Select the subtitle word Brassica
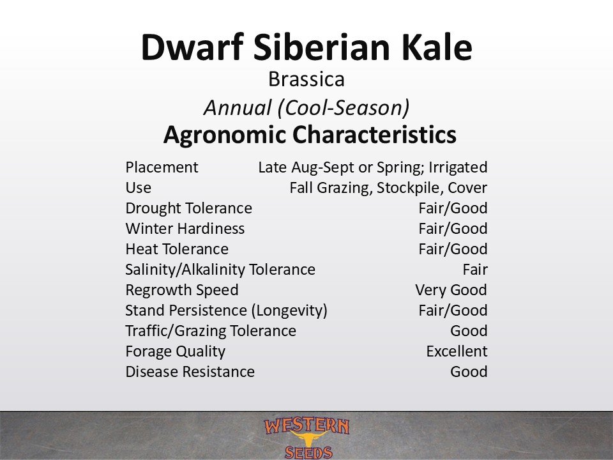tap(306, 79)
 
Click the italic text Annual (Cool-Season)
tap(306, 107)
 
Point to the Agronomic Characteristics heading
tap(310, 135)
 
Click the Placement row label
tap(162, 167)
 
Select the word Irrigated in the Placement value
tap(458, 167)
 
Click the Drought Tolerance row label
tap(189, 208)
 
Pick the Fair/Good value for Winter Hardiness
tap(453, 229)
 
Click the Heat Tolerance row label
tap(177, 249)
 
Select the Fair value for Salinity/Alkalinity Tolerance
tap(475, 270)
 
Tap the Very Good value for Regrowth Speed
tap(451, 290)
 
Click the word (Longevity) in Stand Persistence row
tap(289, 310)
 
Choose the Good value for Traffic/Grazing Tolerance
tap(469, 331)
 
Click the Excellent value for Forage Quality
tap(457, 351)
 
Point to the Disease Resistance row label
tap(190, 372)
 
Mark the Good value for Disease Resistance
tap(469, 372)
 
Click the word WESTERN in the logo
tap(306, 426)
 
